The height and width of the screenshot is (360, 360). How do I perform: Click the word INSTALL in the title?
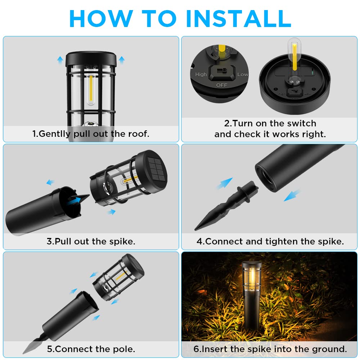239,19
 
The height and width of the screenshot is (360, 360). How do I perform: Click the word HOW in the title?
101,19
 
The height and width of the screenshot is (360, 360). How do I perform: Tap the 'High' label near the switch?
201,75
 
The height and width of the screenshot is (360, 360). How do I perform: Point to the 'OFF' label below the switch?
221,85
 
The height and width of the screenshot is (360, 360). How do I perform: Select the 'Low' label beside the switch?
242,75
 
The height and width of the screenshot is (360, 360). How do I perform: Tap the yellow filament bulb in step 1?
91,89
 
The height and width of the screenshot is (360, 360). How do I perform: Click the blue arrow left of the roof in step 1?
60,60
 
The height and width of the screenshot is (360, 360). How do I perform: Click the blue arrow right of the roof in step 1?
122,60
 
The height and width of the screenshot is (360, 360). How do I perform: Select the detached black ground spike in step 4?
226,205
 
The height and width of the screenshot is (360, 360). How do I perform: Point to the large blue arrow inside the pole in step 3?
75,200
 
